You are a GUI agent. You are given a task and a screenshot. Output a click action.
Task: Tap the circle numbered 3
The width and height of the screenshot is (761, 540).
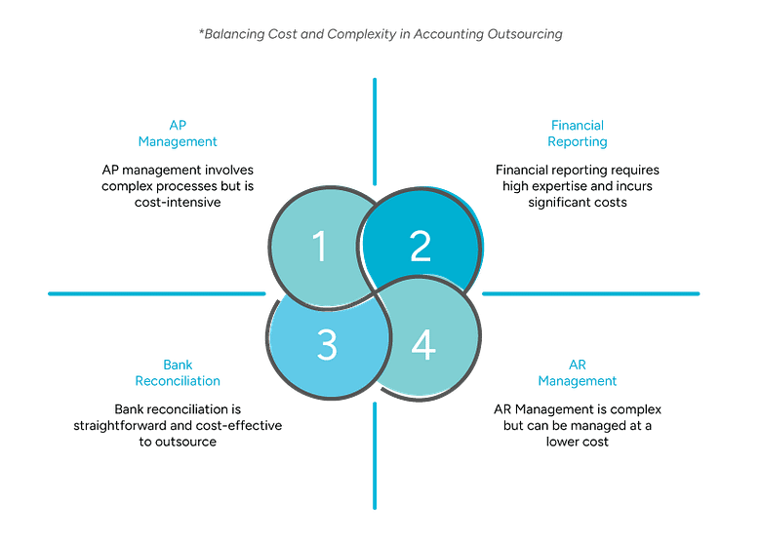coord(327,346)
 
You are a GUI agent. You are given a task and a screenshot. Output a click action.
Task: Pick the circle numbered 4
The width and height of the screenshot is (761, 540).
coord(423,346)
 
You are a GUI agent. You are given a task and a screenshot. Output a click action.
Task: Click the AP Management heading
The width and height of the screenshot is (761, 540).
coord(179,134)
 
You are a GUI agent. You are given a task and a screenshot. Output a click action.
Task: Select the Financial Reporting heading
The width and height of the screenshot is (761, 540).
coord(577,134)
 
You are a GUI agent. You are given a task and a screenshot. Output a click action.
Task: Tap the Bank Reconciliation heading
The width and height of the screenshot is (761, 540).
coord(179,373)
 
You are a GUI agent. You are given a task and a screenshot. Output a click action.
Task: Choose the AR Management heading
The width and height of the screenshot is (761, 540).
coord(579,373)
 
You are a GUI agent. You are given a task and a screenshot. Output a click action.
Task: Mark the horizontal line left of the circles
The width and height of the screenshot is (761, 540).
coord(156,292)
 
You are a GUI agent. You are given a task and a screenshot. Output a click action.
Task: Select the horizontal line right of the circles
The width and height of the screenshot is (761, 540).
coord(590,292)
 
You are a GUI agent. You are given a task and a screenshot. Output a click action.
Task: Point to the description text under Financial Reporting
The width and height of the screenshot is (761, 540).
coord(568,185)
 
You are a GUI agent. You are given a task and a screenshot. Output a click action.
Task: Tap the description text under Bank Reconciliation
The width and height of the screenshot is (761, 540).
coord(178,425)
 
